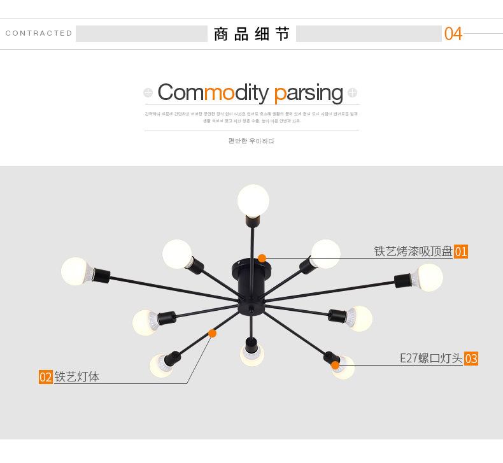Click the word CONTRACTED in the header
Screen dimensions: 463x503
coord(39,33)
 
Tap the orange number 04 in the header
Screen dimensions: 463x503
coord(453,34)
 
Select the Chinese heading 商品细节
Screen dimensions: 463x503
coord(251,34)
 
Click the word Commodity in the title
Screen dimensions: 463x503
coord(213,93)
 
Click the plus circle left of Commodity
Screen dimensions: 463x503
coord(148,93)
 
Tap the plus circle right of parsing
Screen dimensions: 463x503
coord(353,93)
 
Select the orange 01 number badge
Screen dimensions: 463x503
coord(461,252)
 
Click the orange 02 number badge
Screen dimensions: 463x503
coord(45,377)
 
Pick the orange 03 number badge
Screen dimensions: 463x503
coord(471,359)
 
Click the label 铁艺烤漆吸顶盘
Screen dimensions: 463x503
coord(413,252)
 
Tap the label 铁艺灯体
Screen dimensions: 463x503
coord(77,377)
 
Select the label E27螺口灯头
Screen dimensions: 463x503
coord(431,359)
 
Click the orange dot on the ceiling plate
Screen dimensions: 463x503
coord(262,258)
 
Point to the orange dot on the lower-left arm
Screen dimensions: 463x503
coord(212,333)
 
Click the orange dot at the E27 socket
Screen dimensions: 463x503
coord(335,365)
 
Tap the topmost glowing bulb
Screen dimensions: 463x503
coord(253,200)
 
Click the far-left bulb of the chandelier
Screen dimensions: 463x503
coord(77,271)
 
